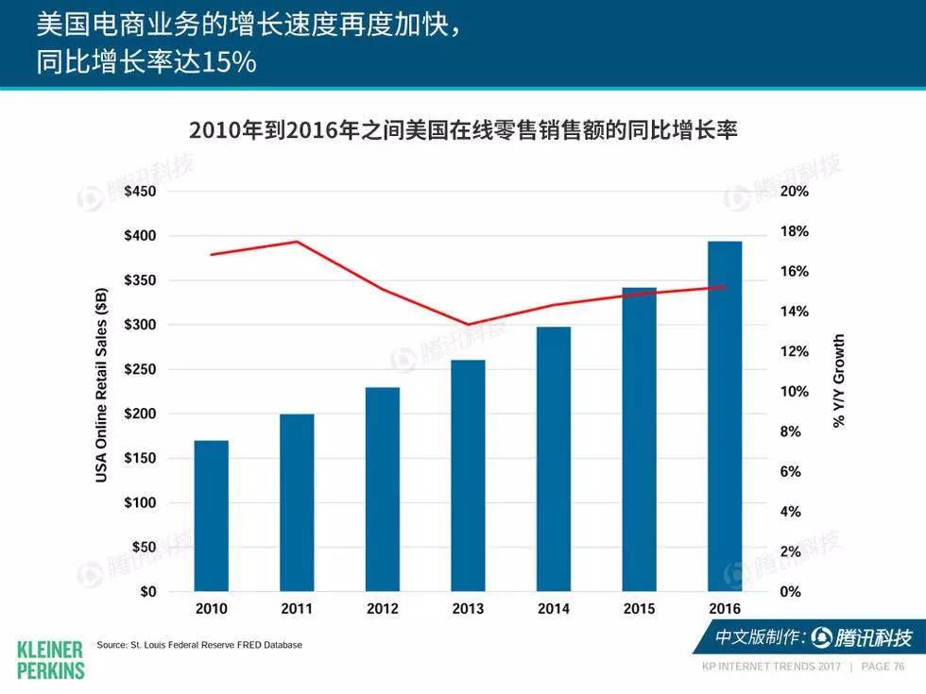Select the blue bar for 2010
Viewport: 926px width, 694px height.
(x=211, y=516)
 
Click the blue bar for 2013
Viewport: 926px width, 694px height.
(x=468, y=475)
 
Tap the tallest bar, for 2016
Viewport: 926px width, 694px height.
(x=725, y=415)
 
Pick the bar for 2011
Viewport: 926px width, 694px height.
(x=297, y=502)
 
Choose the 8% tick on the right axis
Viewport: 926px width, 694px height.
(x=791, y=432)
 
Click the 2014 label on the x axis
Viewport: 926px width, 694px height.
(x=554, y=609)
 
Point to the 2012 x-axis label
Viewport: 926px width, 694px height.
(x=383, y=609)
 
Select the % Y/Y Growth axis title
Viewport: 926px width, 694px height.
(x=839, y=381)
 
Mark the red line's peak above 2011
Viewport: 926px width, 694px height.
(x=297, y=242)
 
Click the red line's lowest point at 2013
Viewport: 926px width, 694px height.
(x=468, y=325)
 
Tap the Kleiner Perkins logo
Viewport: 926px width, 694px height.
(x=51, y=658)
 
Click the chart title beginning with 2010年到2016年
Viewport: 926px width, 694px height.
(x=462, y=129)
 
